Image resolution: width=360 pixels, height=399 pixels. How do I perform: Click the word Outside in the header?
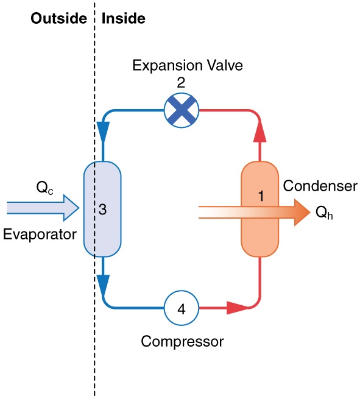tap(58, 18)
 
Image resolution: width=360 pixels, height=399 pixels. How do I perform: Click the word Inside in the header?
tap(124, 18)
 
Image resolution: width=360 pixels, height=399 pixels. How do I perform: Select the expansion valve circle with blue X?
tap(182, 110)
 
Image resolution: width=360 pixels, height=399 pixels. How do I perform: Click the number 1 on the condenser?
tap(261, 196)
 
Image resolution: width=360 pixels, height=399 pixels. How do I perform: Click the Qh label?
tap(323, 213)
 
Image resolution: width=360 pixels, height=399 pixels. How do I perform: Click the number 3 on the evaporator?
tap(103, 210)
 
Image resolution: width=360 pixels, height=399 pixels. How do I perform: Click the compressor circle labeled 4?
tap(181, 308)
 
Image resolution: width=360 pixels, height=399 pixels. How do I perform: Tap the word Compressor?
tap(182, 341)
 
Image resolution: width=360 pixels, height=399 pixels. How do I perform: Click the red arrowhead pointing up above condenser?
tap(260, 130)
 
